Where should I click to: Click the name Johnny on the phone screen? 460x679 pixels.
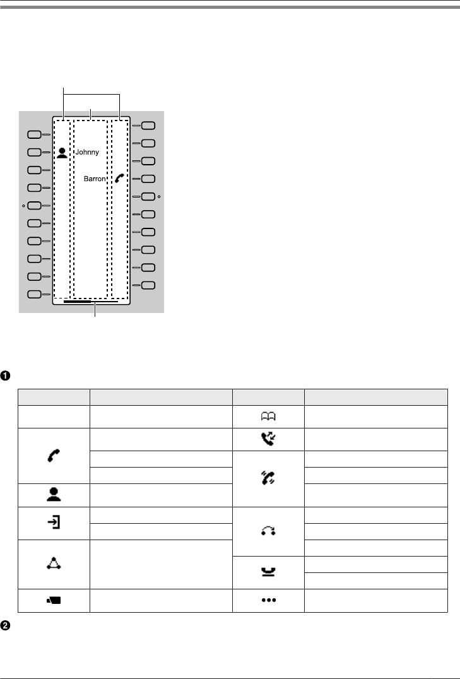pyautogui.click(x=87, y=152)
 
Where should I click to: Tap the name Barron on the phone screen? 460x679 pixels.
pyautogui.click(x=95, y=179)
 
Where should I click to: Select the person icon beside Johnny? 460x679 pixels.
pyautogui.click(x=62, y=152)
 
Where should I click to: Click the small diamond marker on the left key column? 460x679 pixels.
pyautogui.click(x=22, y=206)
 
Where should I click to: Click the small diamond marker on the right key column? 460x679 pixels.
pyautogui.click(x=160, y=197)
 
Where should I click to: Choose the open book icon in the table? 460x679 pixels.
pyautogui.click(x=268, y=416)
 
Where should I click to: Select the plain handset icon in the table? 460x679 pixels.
pyautogui.click(x=53, y=452)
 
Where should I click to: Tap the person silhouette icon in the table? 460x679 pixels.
pyautogui.click(x=53, y=496)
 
